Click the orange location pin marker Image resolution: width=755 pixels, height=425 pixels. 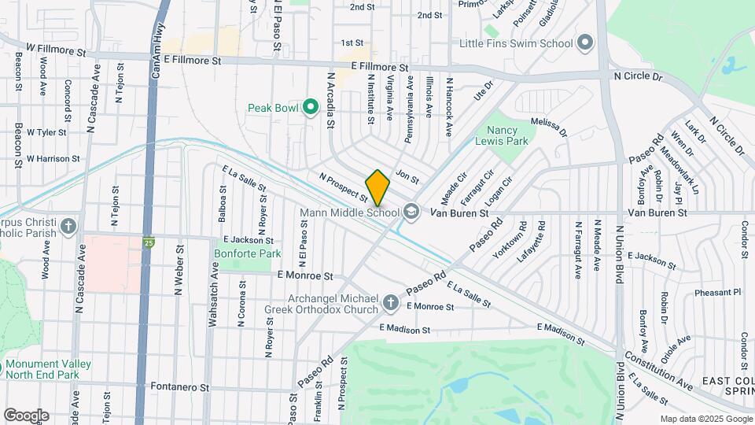tap(378, 187)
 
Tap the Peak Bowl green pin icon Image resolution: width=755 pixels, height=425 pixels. tap(311, 106)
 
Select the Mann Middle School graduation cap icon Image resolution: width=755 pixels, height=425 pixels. tap(411, 211)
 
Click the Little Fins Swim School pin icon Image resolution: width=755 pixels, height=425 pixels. tap(584, 42)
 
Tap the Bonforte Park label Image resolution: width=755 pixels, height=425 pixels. tap(248, 254)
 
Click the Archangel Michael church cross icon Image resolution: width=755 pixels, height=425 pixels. tap(390, 302)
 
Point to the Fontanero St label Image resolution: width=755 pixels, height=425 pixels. tap(182, 388)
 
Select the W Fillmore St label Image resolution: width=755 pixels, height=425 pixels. tap(56, 50)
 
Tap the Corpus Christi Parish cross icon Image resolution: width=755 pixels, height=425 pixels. tap(69, 227)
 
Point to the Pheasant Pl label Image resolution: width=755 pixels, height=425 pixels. tap(717, 292)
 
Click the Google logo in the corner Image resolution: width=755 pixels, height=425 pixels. tap(26, 415)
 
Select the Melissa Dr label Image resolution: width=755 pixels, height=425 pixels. tap(549, 127)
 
